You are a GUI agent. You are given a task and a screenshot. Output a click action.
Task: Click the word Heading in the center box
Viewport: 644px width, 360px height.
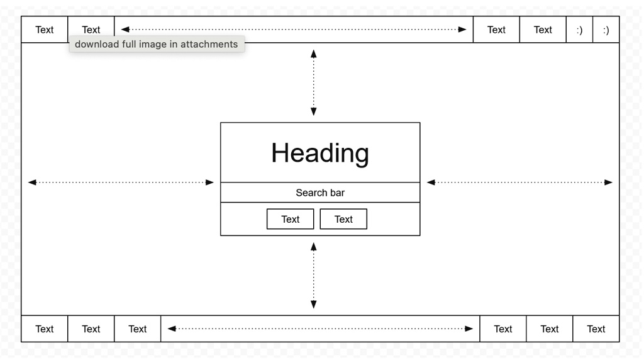320,154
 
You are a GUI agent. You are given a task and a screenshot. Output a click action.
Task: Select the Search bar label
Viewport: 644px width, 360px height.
320,193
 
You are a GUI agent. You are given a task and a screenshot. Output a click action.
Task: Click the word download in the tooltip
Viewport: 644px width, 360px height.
96,44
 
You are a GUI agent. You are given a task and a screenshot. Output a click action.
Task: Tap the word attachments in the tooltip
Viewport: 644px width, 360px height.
209,44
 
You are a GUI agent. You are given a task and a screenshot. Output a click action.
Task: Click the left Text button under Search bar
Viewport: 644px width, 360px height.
291,219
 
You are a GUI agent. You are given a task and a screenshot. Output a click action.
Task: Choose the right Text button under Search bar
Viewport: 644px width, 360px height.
343,219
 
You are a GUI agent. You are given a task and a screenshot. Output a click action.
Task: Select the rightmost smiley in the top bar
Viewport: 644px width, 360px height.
606,30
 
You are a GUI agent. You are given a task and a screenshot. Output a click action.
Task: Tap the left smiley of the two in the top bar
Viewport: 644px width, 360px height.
579,30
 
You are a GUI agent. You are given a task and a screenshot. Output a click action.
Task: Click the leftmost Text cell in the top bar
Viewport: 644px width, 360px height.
45,30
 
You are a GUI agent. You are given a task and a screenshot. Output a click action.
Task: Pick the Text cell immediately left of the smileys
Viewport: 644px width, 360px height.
543,30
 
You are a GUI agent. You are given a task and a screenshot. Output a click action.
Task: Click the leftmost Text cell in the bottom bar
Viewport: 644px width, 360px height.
45,329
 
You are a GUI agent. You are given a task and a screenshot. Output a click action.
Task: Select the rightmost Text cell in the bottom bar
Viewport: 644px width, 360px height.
596,329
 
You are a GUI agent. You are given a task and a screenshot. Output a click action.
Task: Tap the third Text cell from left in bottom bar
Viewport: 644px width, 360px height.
137,329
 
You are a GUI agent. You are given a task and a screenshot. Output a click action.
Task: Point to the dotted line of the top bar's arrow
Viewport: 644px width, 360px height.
294,29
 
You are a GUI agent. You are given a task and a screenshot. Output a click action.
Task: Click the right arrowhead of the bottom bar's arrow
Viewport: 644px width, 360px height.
469,329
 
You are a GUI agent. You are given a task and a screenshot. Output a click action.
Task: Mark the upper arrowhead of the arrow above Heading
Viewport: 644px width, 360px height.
313,54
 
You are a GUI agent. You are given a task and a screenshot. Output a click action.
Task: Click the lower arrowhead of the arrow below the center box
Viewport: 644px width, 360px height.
313,304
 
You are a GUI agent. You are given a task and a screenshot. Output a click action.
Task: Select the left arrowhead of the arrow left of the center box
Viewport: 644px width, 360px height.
32,182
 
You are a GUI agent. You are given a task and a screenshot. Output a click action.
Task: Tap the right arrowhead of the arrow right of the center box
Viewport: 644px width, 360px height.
608,182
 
